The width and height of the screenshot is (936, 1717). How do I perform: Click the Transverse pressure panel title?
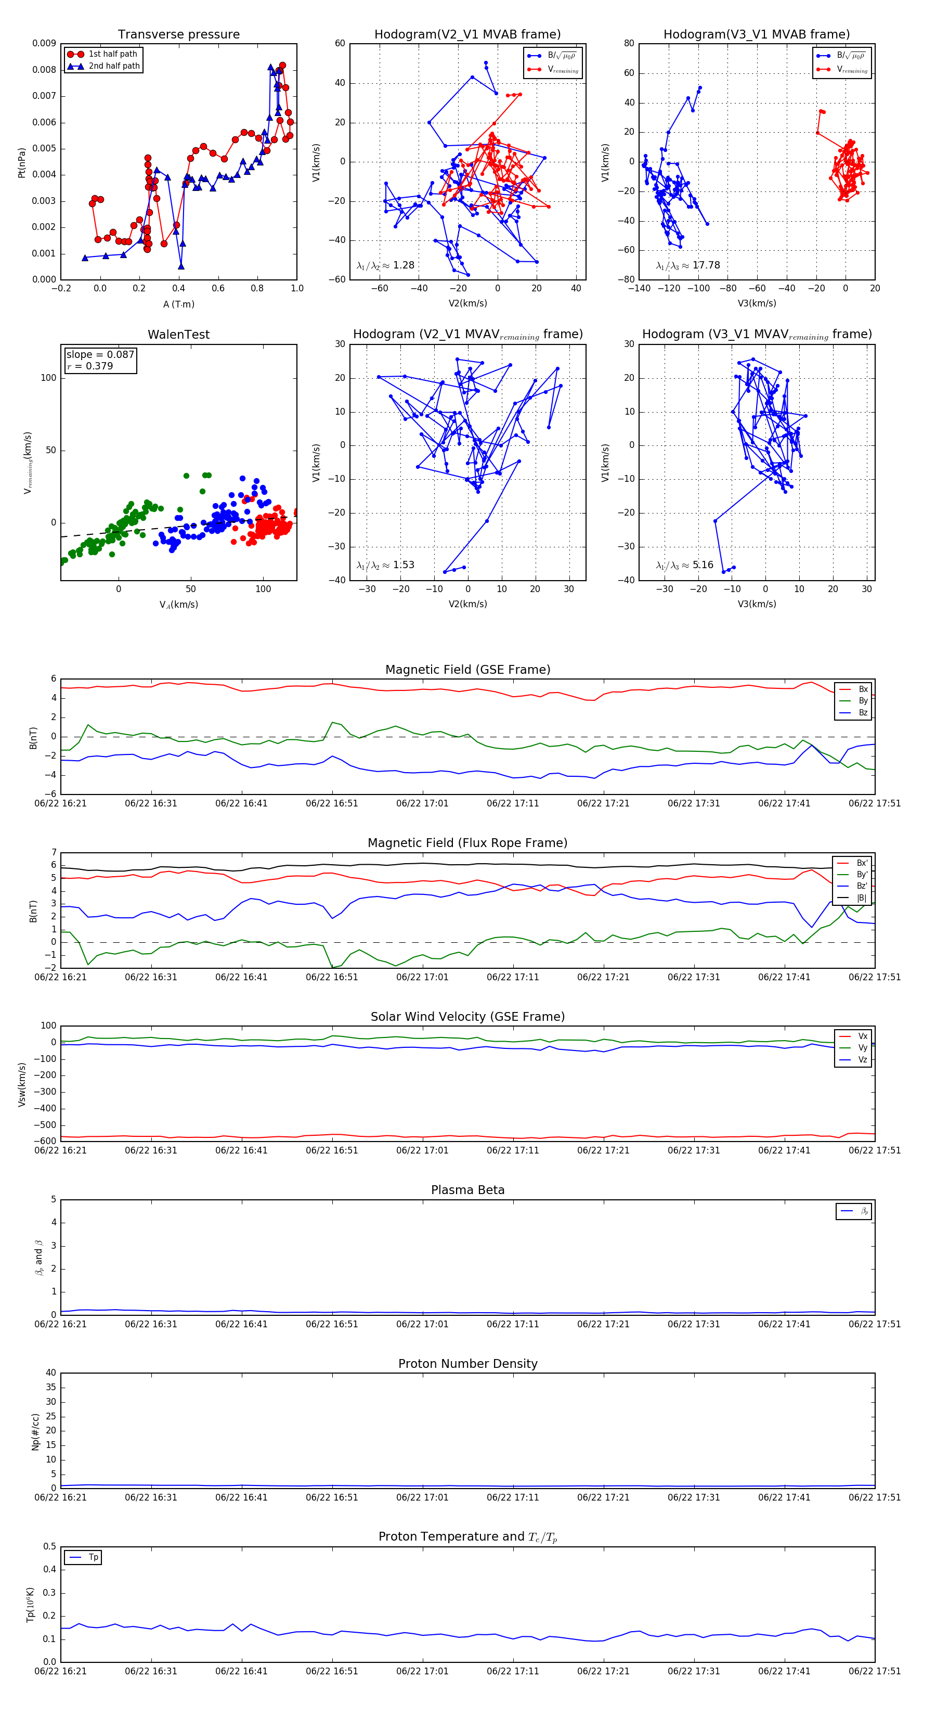coord(178,35)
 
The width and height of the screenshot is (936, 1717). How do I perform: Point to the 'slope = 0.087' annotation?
coord(100,355)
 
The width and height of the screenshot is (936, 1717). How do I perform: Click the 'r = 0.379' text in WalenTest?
coord(90,366)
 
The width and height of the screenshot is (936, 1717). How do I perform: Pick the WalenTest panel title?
coord(178,335)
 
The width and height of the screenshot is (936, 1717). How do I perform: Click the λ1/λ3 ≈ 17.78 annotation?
coord(687,265)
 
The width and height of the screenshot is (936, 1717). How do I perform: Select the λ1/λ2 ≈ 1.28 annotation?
coord(385,265)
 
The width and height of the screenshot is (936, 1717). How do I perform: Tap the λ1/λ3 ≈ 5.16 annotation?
coord(684,565)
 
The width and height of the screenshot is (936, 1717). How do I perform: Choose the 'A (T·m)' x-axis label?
coord(178,304)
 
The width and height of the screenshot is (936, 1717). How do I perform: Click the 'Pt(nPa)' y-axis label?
coord(21,162)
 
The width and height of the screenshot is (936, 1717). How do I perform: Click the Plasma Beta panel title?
coord(467,1190)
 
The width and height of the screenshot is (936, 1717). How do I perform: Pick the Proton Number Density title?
coord(467,1364)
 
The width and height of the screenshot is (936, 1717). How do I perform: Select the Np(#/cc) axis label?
coord(35,1432)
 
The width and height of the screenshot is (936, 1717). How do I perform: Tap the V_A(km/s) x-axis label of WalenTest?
coord(178,605)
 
